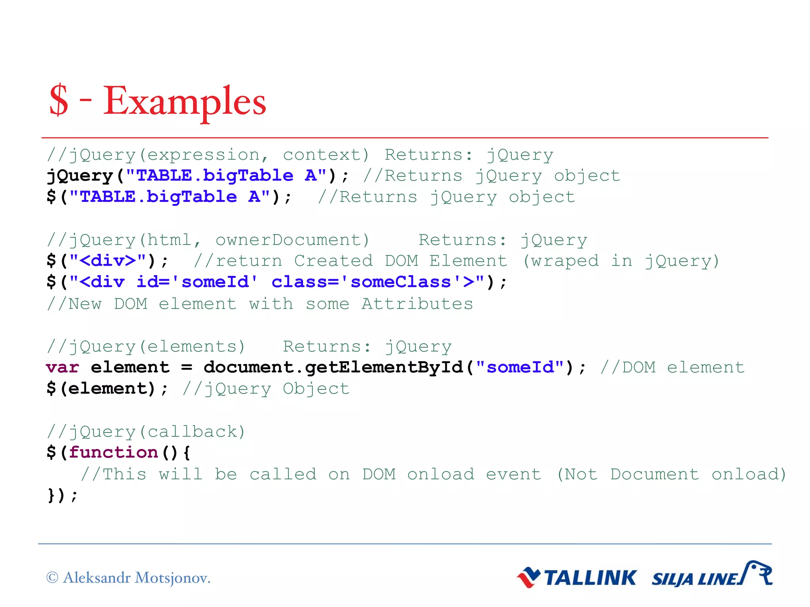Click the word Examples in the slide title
pyautogui.click(x=185, y=101)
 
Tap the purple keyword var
pyautogui.click(x=62, y=368)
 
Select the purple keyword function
pyautogui.click(x=114, y=452)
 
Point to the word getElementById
pyautogui.click(x=384, y=368)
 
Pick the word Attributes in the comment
pyautogui.click(x=417, y=304)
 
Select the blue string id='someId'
pyautogui.click(x=197, y=282)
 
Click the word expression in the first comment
pyautogui.click(x=203, y=155)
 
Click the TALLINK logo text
pyautogui.click(x=590, y=578)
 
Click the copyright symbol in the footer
pyautogui.click(x=52, y=578)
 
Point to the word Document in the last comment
pyautogui.click(x=654, y=474)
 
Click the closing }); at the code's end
pyautogui.click(x=62, y=496)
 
